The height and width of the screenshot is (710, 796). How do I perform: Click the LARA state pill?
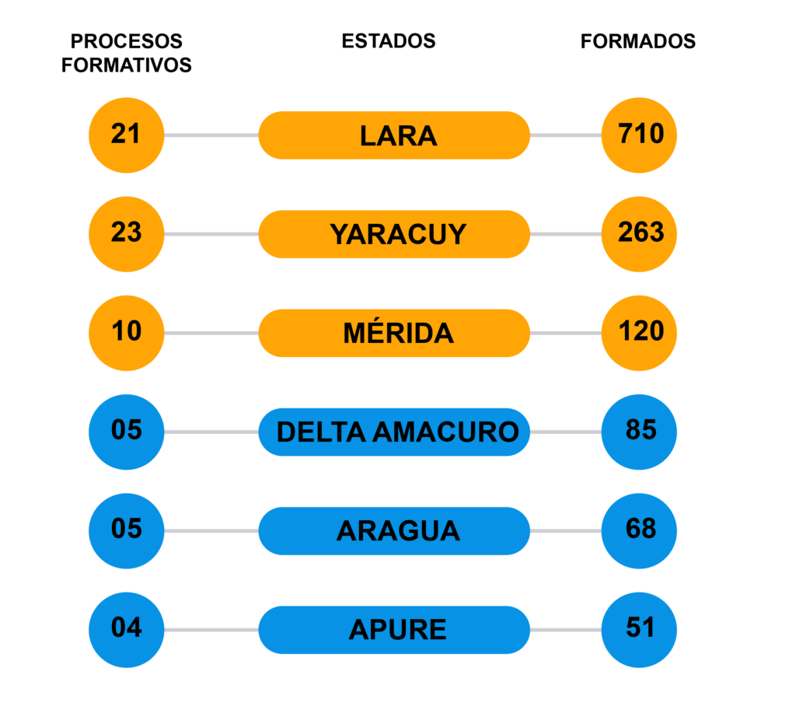point(394,135)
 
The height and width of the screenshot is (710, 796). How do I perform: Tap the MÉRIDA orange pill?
point(394,333)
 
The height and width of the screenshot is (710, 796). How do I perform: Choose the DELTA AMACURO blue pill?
point(394,432)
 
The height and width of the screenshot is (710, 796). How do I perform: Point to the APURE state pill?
point(394,630)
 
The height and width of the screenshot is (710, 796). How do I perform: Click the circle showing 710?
point(639,135)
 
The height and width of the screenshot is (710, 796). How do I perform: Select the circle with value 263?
point(639,234)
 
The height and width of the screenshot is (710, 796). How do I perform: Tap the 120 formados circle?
point(639,333)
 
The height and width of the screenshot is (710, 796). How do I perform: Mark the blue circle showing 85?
point(639,432)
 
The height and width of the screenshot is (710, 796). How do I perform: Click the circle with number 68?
point(639,530)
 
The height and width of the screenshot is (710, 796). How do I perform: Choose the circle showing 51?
point(639,630)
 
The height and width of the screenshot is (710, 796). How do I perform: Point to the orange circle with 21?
point(127,135)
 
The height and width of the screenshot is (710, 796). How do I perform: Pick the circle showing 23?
point(127,234)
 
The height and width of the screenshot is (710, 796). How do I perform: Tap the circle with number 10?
point(127,333)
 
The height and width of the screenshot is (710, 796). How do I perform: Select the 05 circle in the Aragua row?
point(127,530)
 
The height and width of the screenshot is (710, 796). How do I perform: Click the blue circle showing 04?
point(127,630)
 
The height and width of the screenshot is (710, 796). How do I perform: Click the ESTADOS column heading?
point(389,41)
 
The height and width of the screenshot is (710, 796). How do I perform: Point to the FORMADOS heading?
point(638,41)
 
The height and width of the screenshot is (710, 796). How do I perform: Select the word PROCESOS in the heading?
point(127,41)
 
